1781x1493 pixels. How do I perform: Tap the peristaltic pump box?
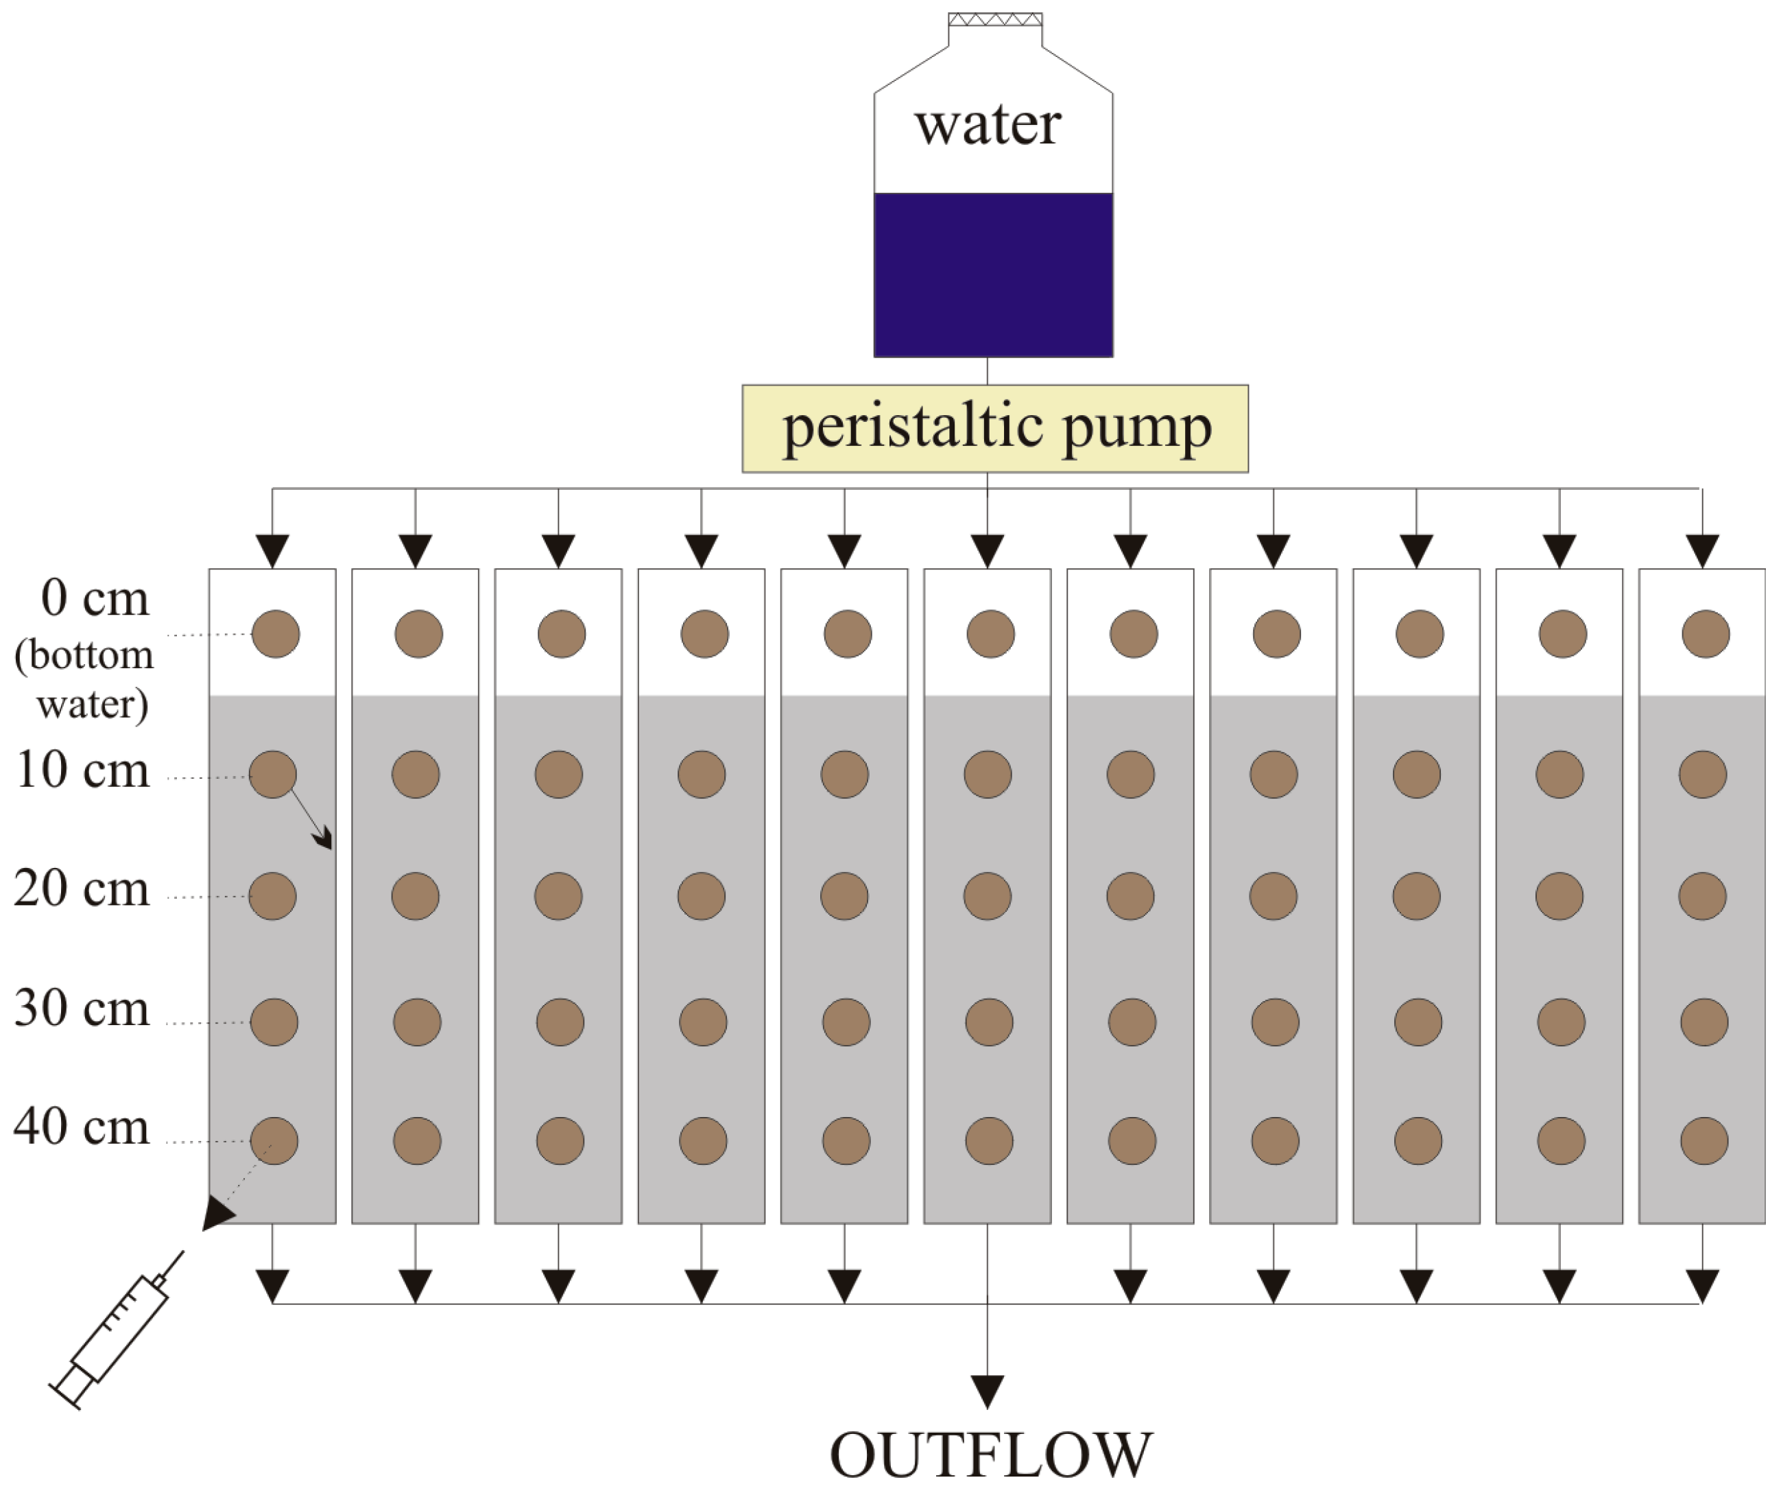click(995, 428)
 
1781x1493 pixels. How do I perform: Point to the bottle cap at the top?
click(995, 19)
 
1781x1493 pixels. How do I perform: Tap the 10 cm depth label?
click(82, 771)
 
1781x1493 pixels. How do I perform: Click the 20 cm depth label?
click(82, 890)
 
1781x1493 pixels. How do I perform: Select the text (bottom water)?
click(85, 679)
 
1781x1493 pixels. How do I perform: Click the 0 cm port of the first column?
click(276, 634)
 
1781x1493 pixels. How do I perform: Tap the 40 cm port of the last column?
click(1704, 1141)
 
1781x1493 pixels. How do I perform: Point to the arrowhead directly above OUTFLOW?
click(987, 1392)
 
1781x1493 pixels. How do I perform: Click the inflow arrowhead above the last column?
click(1702, 550)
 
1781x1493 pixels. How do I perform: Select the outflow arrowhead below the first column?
click(272, 1286)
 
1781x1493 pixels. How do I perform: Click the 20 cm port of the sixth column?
click(987, 897)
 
